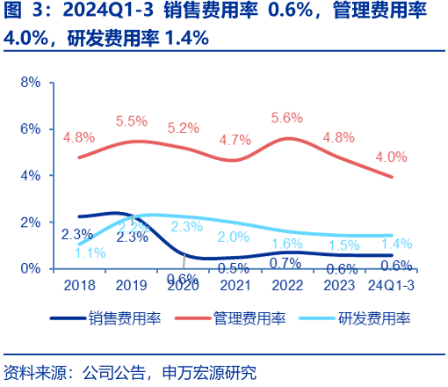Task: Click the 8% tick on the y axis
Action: pos(31,82)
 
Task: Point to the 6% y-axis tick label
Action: pos(31,128)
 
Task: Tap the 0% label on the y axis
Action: pos(31,268)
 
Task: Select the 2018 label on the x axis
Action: pos(79,285)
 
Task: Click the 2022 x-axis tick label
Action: pos(288,285)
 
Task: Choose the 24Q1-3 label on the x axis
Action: pos(392,285)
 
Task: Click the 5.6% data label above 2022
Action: pos(287,117)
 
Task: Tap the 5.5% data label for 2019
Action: pos(131,120)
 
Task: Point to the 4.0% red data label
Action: pos(391,157)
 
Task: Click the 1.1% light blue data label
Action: pos(90,252)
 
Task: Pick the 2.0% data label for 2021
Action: pos(234,237)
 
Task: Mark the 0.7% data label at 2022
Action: pos(286,262)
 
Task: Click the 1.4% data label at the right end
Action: pos(397,244)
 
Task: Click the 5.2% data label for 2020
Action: pos(183,128)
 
